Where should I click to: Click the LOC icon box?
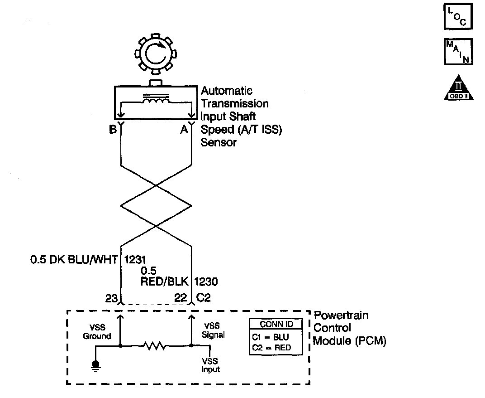459,16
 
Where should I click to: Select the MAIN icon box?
459,52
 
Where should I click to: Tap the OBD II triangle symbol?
459,87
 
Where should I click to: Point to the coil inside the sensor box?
156,102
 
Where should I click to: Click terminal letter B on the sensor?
113,130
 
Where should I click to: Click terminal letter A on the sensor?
184,130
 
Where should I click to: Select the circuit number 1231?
135,260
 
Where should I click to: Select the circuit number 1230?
206,282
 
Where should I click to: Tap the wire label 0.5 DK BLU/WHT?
74,260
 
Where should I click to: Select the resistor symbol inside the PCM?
156,346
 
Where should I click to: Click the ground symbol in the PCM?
95,364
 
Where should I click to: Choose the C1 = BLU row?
271,338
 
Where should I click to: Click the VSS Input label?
210,365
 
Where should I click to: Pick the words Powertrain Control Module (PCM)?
349,328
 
